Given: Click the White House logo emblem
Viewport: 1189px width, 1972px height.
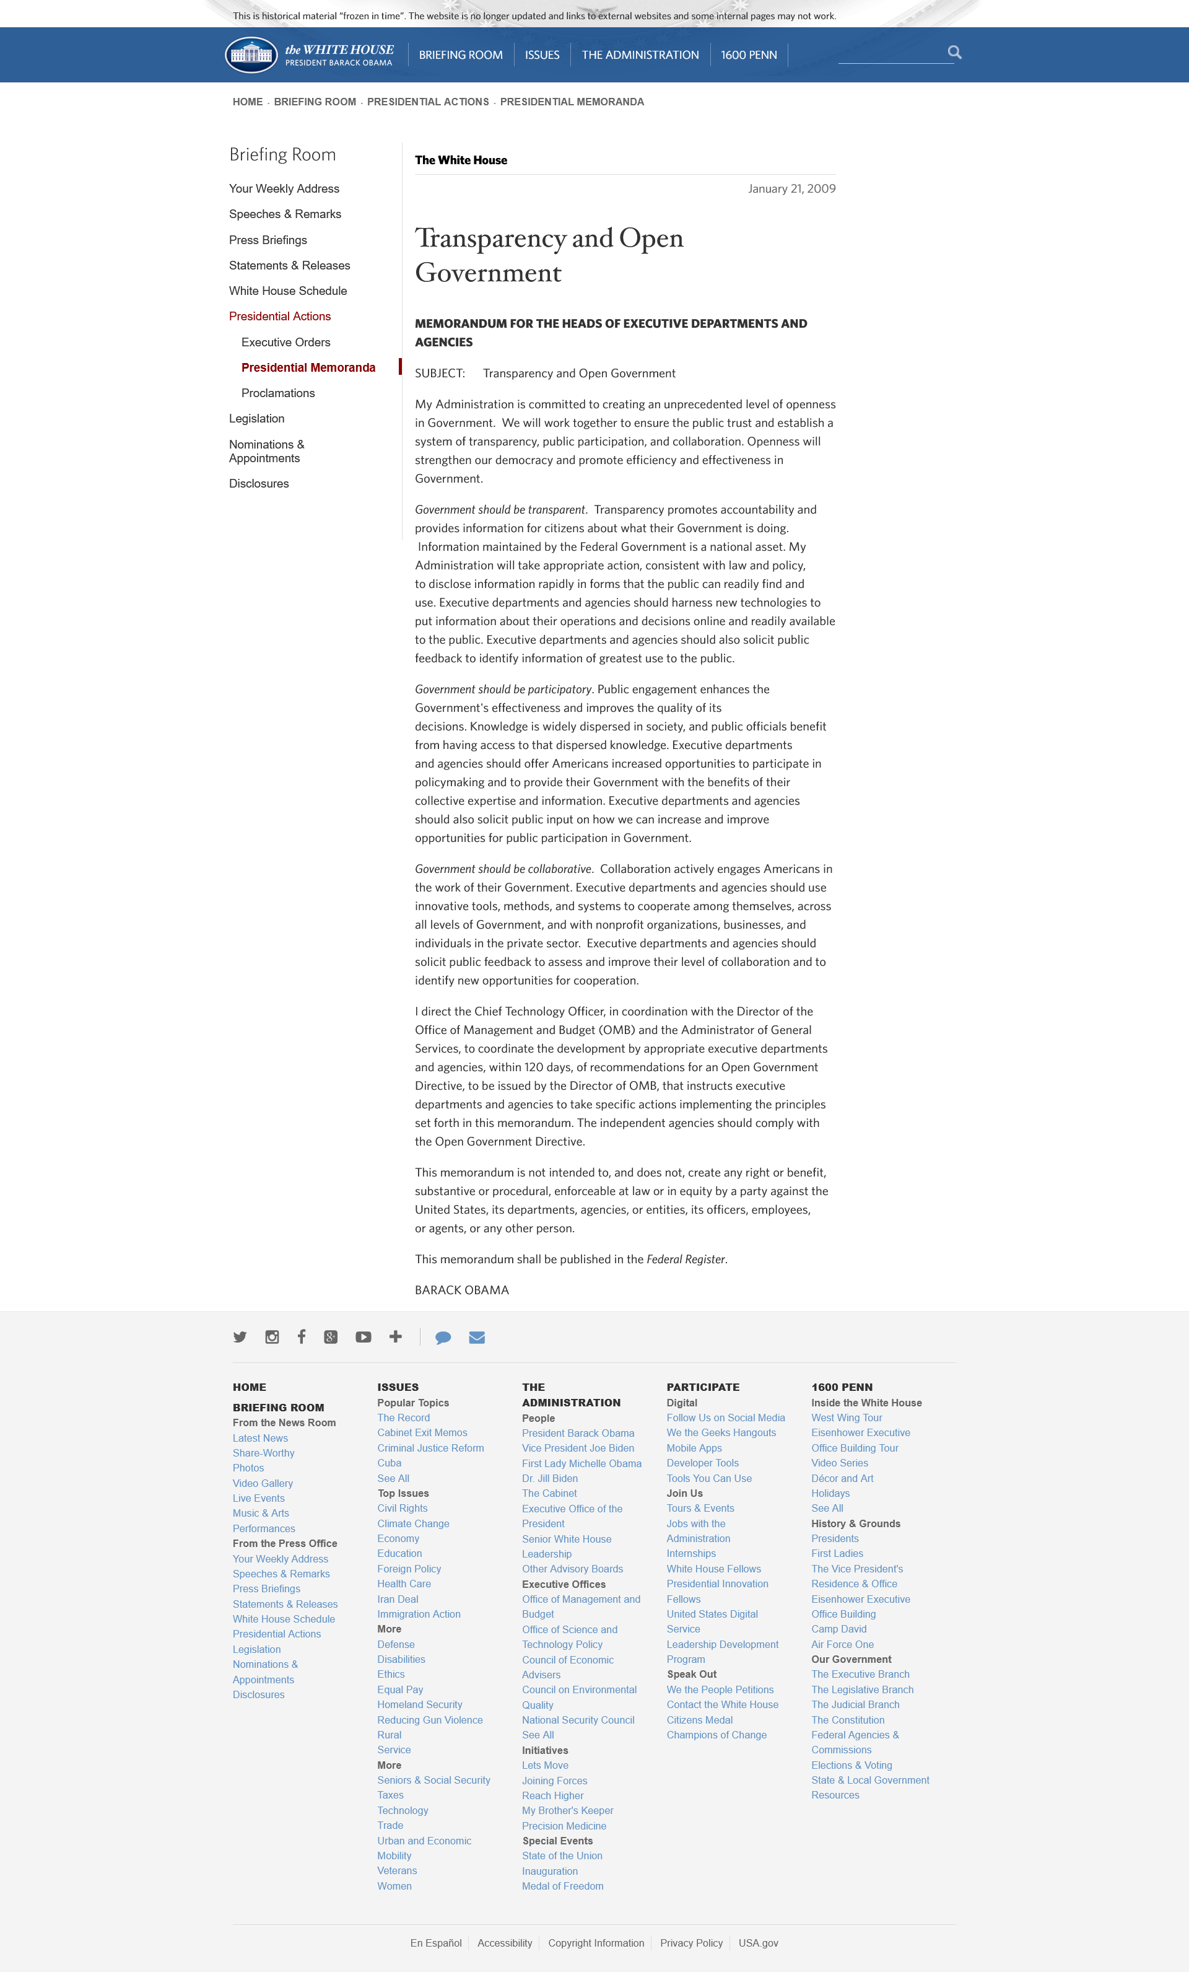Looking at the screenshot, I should (x=251, y=55).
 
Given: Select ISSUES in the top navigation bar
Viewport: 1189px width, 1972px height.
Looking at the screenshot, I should (x=542, y=55).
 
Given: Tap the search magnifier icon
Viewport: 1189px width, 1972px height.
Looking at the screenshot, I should (x=954, y=53).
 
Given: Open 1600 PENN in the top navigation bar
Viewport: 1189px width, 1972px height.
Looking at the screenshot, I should (x=748, y=55).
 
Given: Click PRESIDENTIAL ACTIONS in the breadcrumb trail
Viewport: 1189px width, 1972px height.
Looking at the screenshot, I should (x=427, y=102).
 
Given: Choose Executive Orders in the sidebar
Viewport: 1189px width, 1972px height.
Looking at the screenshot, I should (x=285, y=343).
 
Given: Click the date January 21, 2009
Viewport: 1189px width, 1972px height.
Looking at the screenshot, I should (x=791, y=189).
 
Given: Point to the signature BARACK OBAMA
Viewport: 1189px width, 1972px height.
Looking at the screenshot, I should (x=462, y=1290).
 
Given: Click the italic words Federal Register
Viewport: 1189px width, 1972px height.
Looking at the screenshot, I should (x=686, y=1260).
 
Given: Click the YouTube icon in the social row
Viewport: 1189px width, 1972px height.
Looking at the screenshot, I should (x=364, y=1338).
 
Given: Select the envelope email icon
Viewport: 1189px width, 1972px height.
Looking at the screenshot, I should (x=477, y=1338).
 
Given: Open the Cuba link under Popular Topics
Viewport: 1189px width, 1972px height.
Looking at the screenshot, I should (x=389, y=1463).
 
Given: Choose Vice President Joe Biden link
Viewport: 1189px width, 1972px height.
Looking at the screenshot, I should (x=578, y=1448).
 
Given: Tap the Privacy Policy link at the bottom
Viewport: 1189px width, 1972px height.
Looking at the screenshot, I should (x=691, y=1943).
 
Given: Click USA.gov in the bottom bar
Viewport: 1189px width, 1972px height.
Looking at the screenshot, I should (x=758, y=1943).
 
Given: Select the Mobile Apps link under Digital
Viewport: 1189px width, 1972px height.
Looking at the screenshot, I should (x=694, y=1448).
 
